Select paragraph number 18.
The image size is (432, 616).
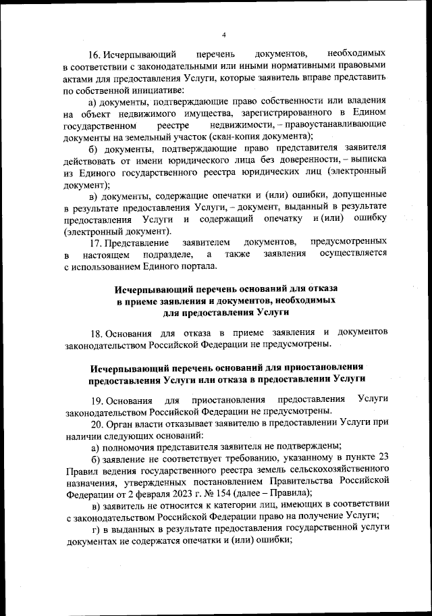97,332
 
